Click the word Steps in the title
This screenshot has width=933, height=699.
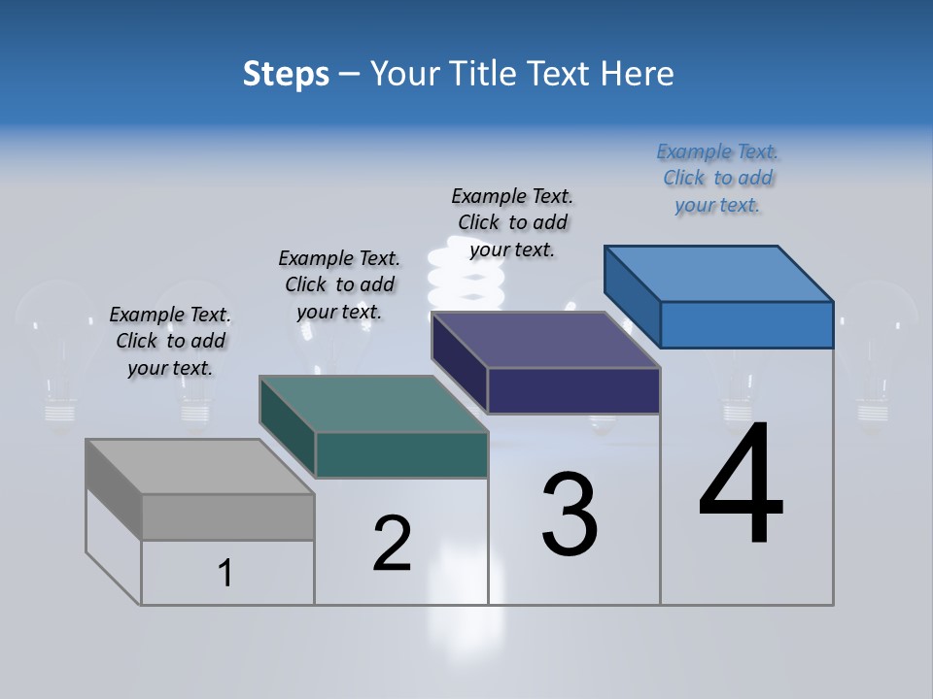[286, 74]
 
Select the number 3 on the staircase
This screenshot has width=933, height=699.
[570, 515]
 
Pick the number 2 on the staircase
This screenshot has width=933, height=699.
[393, 544]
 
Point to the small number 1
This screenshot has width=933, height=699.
[225, 573]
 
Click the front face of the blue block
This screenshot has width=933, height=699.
[746, 324]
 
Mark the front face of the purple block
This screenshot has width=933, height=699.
[573, 390]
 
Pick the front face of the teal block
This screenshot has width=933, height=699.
[401, 454]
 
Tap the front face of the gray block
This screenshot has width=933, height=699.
[227, 516]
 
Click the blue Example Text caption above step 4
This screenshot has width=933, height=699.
[717, 178]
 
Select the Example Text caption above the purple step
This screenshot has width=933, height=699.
[512, 222]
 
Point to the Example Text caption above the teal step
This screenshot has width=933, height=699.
[339, 284]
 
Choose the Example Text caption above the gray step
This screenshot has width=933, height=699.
[170, 341]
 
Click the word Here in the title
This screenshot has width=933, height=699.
[640, 74]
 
